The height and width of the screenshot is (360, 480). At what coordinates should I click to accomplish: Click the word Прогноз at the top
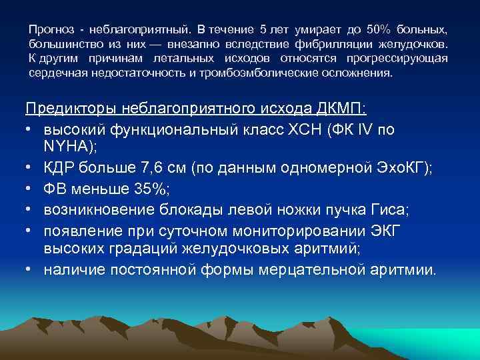49,30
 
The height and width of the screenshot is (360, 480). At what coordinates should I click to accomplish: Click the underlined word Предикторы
71,109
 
